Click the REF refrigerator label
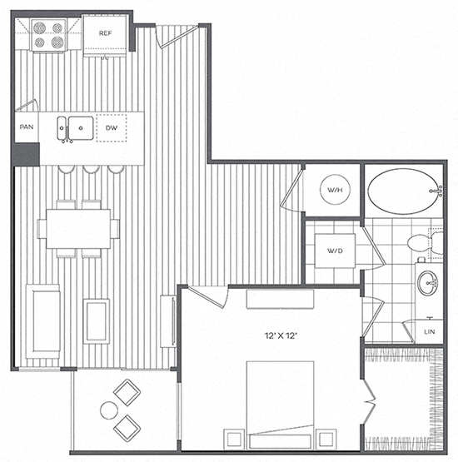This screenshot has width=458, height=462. pos(105,33)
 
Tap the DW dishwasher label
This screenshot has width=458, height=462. pos(112,128)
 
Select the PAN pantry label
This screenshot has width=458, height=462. pos(26,127)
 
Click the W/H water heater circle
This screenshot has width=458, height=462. pos(335,190)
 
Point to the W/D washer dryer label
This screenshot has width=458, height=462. pos(335,251)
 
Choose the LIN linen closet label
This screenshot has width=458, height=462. pos(429,332)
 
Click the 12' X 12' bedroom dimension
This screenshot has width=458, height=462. pos(281,335)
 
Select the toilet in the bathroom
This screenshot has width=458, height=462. pos(426,243)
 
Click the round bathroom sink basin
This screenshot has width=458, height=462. pos(428,283)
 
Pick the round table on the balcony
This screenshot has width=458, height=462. pos(109,410)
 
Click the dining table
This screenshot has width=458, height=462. pos(78,229)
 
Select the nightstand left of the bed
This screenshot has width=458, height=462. pos(234,440)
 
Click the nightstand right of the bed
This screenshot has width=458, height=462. pos(326,440)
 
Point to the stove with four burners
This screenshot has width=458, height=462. pos(48,35)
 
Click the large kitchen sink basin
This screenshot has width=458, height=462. pos(81,128)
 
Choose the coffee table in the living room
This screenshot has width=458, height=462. pos(96,321)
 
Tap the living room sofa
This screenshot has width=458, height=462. pos(43,321)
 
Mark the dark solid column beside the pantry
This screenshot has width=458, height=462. pos(26,154)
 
